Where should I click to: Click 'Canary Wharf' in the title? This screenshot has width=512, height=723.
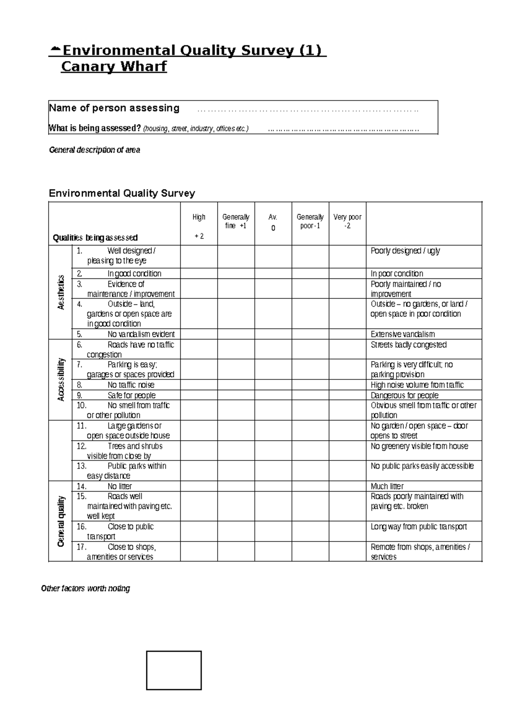tap(113, 67)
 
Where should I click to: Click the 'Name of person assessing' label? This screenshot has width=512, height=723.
tap(114, 108)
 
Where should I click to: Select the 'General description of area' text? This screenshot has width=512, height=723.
tap(94, 150)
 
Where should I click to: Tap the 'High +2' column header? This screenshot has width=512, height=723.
tap(199, 226)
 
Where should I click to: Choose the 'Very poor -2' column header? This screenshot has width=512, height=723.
tap(347, 221)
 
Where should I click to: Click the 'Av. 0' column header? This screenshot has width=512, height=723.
tap(273, 223)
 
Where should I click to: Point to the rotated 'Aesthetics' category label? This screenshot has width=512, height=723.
tap(61, 292)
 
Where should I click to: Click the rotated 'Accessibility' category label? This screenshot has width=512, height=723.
tap(61, 379)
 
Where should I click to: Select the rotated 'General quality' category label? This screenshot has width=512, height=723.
tap(61, 521)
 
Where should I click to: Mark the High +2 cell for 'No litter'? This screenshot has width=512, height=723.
tap(199, 486)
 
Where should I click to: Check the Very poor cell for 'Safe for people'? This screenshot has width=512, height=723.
tap(347, 395)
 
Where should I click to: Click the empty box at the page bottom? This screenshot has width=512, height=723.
tap(174, 670)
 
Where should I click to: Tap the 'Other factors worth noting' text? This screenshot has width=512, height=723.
tap(85, 589)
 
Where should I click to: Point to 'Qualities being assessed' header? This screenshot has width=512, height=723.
tap(95, 238)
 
